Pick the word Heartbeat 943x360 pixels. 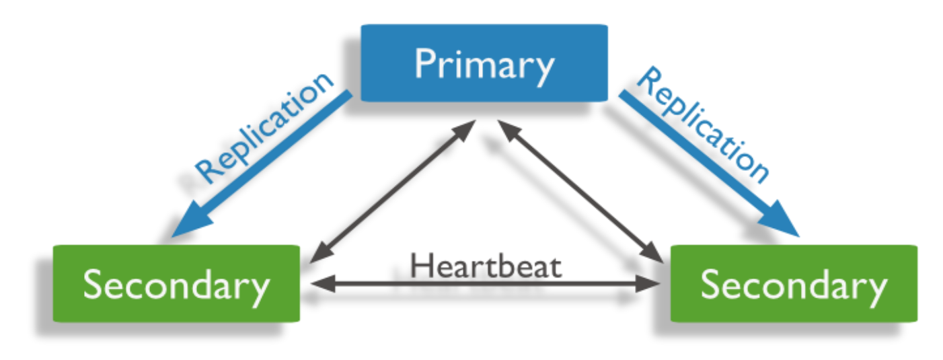[x=486, y=266]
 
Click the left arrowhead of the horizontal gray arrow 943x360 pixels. [x=315, y=285]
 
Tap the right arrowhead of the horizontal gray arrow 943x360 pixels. [x=654, y=285]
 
